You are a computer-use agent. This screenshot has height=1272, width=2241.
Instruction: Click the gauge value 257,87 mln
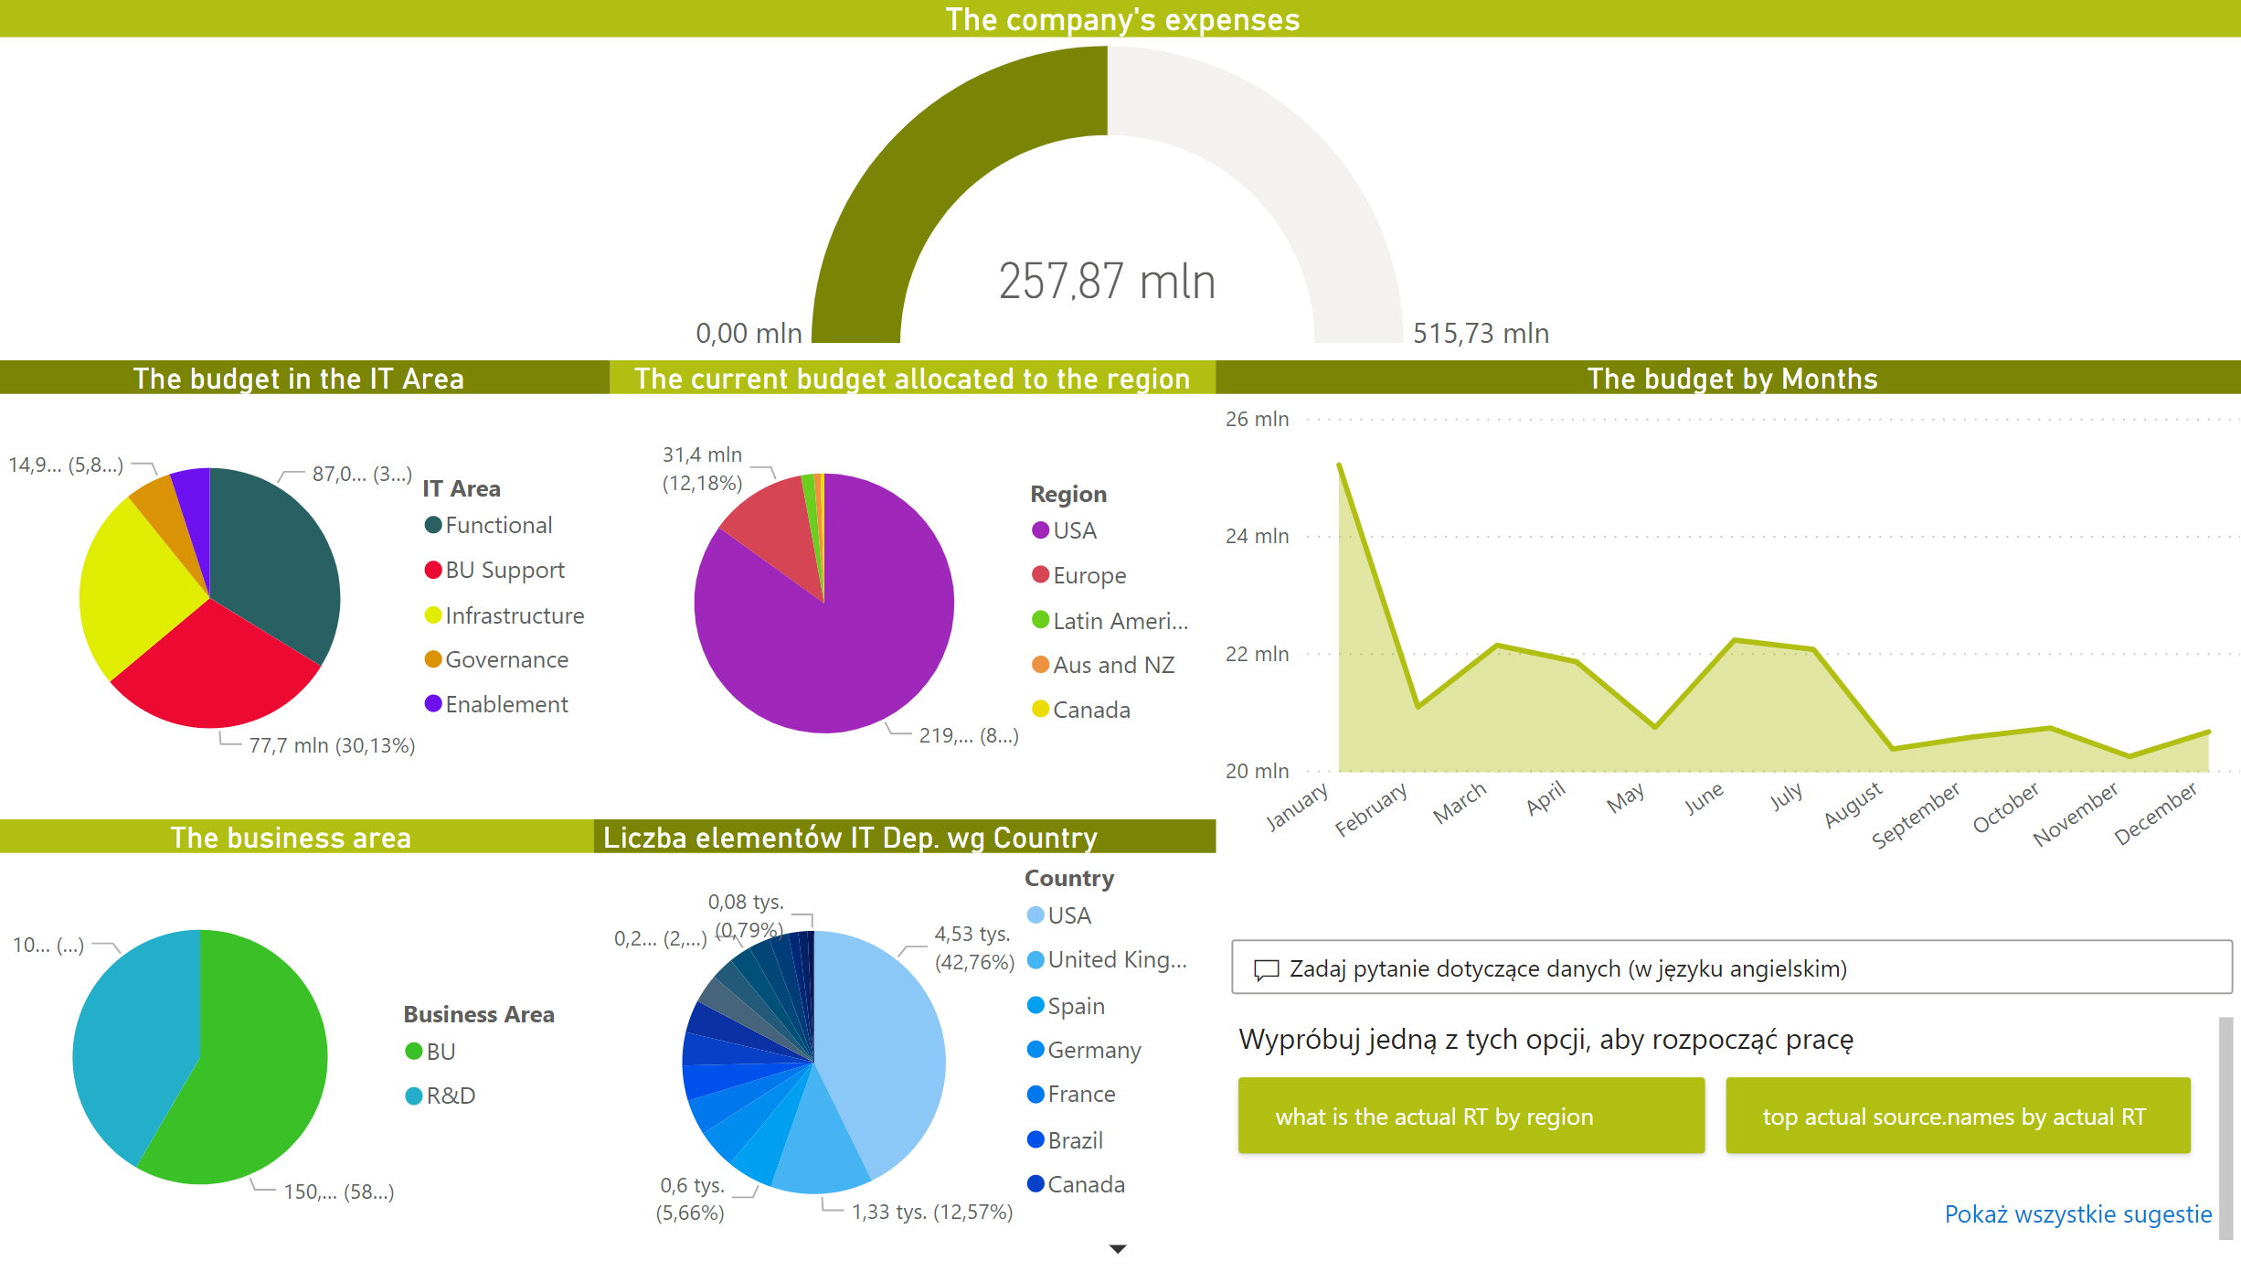(x=1107, y=281)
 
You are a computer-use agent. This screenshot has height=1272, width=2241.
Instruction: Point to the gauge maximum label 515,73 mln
(x=1481, y=333)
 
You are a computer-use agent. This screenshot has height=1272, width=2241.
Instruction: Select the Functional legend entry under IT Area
(x=498, y=525)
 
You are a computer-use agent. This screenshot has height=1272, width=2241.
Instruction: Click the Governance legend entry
(x=506, y=659)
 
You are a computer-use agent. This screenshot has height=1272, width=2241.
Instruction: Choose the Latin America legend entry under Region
(x=1120, y=621)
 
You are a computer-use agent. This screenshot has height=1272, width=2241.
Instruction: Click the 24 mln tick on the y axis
(x=1257, y=536)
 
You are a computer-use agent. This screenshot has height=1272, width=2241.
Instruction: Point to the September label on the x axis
(x=1916, y=813)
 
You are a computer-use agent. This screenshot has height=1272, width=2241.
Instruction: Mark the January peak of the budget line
(x=1340, y=465)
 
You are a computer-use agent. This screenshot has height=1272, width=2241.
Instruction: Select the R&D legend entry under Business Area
(x=451, y=1096)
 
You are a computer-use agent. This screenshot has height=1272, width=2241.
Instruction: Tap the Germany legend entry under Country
(x=1094, y=1050)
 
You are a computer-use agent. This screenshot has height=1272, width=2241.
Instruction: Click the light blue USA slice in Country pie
(x=877, y=1052)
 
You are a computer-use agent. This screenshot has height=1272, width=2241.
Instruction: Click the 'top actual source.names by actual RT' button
(x=1958, y=1117)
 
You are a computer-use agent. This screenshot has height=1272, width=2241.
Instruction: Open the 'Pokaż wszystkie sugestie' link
(x=2077, y=1214)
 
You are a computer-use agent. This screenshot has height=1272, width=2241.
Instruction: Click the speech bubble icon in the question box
(x=1266, y=969)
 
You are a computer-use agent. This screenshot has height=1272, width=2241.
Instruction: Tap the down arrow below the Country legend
(x=1117, y=1248)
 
